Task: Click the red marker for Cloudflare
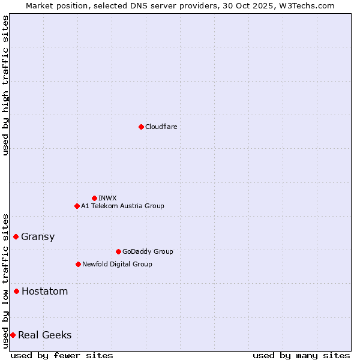click(141, 127)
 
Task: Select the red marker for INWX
click(94, 198)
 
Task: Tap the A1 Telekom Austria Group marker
click(77, 206)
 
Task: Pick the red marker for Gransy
click(16, 236)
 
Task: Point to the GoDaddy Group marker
click(118, 251)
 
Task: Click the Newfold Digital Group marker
click(78, 264)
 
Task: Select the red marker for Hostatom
click(16, 291)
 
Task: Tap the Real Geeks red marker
click(13, 335)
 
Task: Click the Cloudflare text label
click(161, 127)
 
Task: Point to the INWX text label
click(107, 198)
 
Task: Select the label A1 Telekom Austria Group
click(122, 206)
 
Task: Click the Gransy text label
click(38, 236)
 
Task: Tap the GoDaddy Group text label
click(148, 251)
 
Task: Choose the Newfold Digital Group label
click(117, 264)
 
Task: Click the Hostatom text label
click(44, 291)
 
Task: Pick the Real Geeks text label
click(45, 335)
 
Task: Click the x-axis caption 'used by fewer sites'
click(62, 355)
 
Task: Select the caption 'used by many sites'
click(301, 355)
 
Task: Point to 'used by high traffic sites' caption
click(5, 85)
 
